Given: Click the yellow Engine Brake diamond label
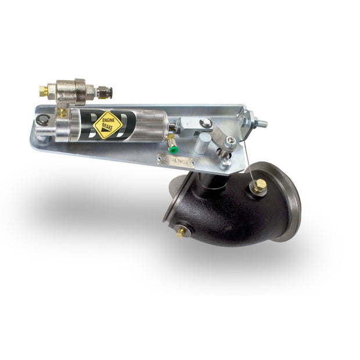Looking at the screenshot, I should pos(107,124).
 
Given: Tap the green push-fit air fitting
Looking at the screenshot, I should pos(172,149).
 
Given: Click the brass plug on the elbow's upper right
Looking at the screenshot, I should pos(259,186).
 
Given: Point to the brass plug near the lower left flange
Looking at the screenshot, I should pos(182,231).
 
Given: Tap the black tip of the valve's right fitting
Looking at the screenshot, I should pos(107,92).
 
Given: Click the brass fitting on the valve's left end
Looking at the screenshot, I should pos(44,91).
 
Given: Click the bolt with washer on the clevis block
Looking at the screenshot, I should pos(206,123).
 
